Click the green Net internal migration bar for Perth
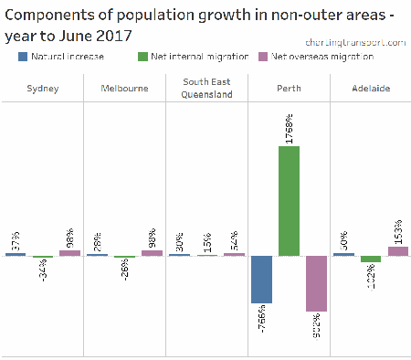(x=290, y=200)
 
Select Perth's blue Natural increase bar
(x=261, y=279)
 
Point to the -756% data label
(x=261, y=320)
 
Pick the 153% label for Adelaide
(x=397, y=231)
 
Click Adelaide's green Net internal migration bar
(x=370, y=259)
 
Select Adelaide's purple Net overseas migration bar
(x=397, y=250)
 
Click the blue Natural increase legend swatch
(x=23, y=57)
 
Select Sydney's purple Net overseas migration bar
(x=69, y=252)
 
